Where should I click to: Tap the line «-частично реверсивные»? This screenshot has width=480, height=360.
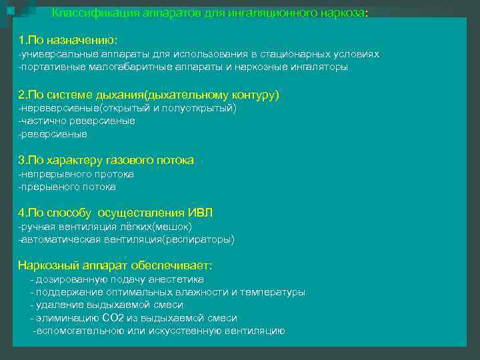coord(77,121)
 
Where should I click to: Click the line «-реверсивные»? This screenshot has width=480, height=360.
coord(53,134)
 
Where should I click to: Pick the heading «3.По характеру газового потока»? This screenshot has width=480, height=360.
coord(106,160)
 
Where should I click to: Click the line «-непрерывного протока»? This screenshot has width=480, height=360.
coord(76,174)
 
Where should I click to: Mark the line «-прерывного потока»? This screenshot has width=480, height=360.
coord(67,187)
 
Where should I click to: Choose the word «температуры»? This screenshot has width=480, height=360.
coord(277,292)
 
